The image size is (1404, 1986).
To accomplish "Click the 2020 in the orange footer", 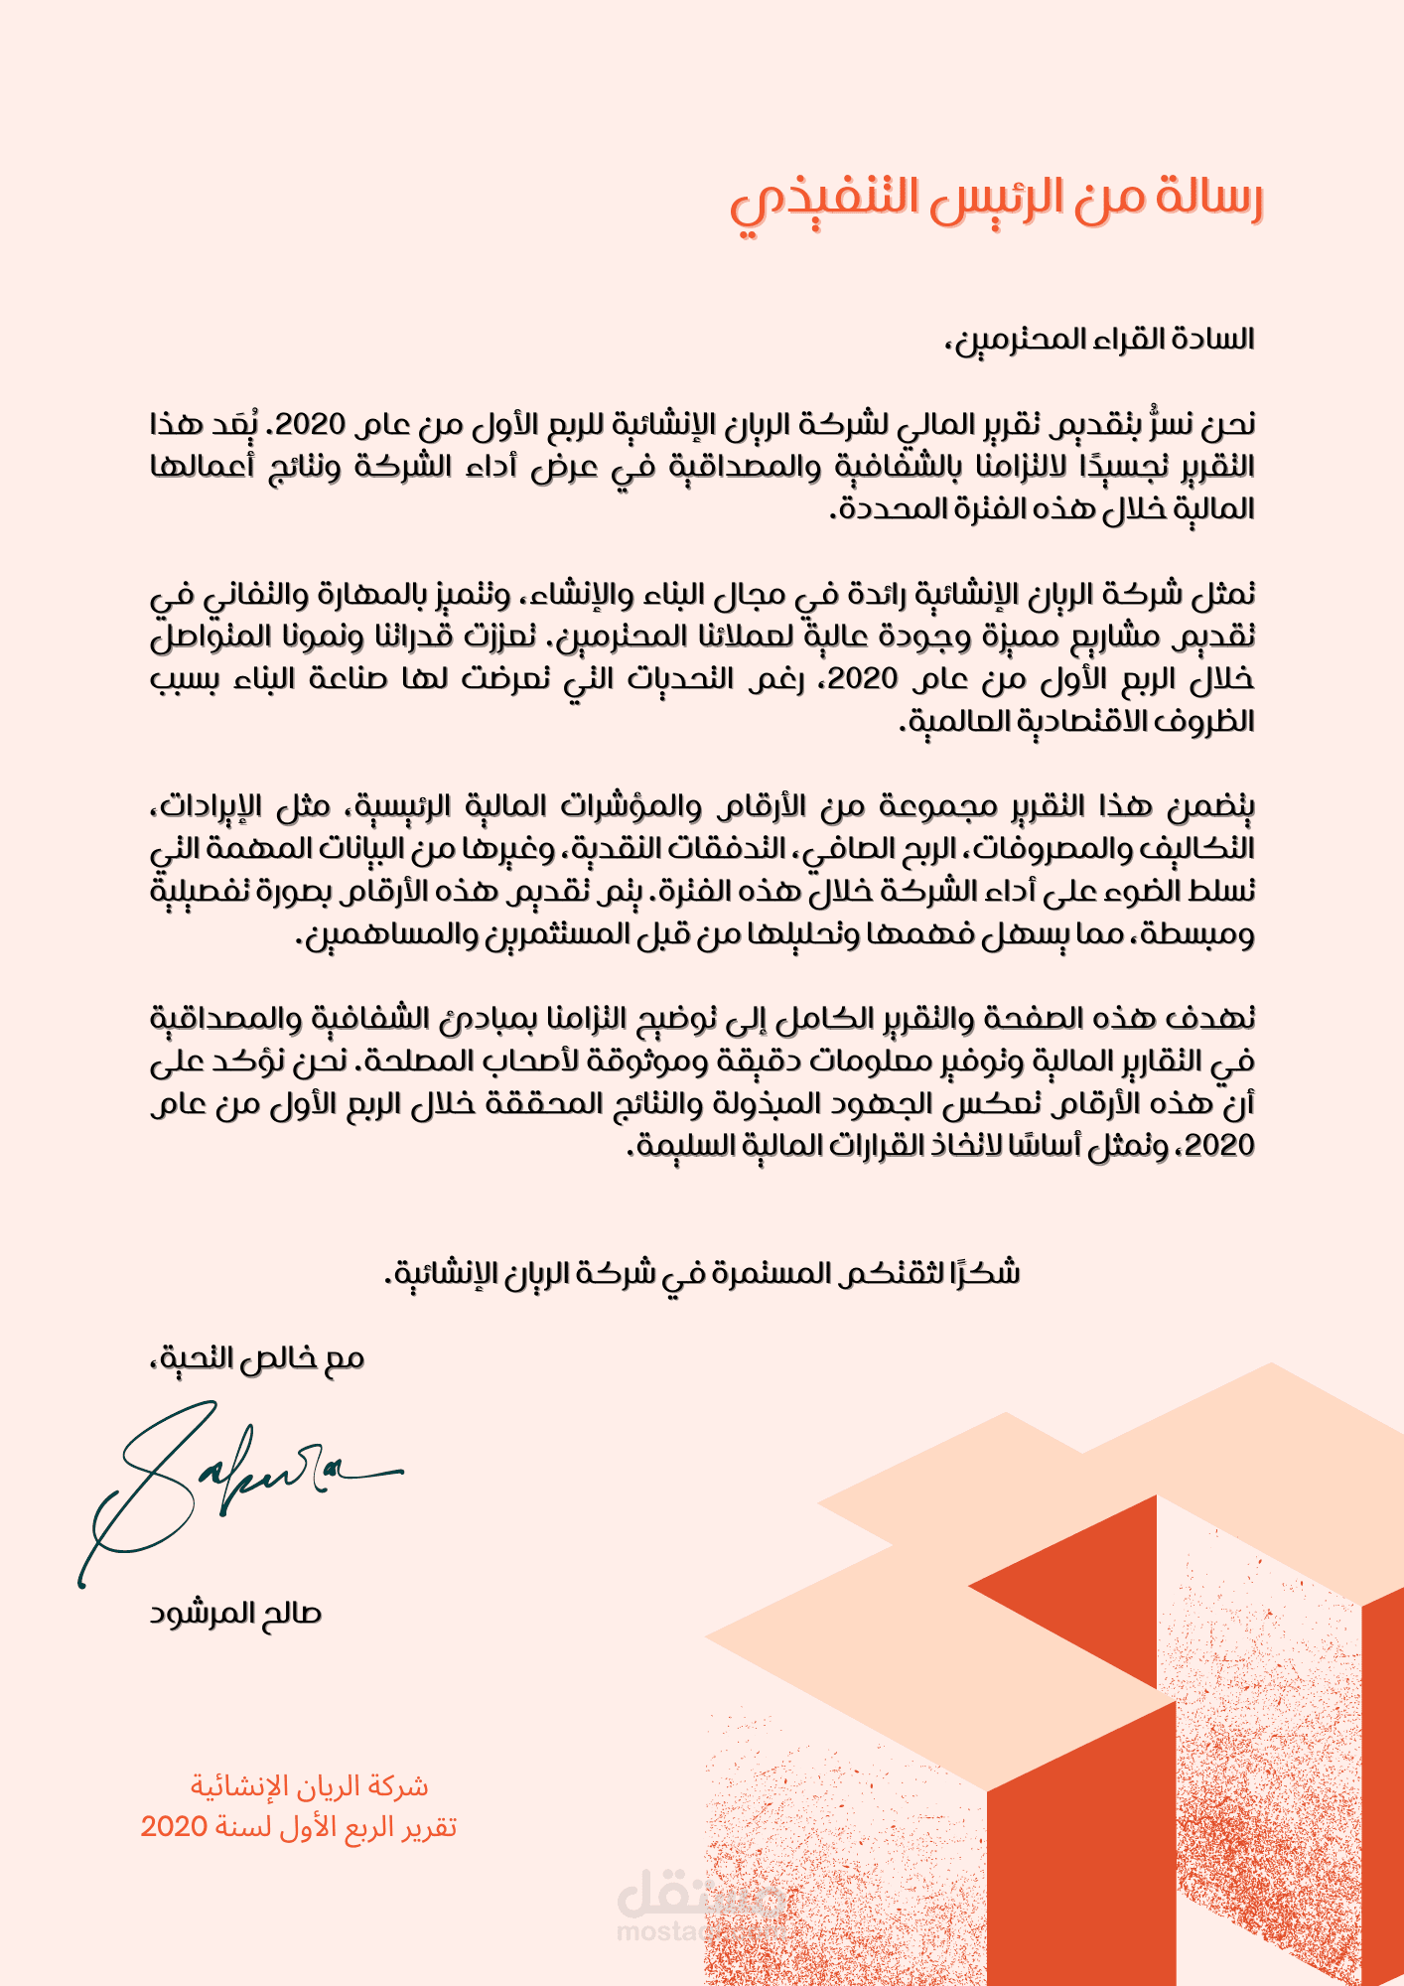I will point(173,1827).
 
